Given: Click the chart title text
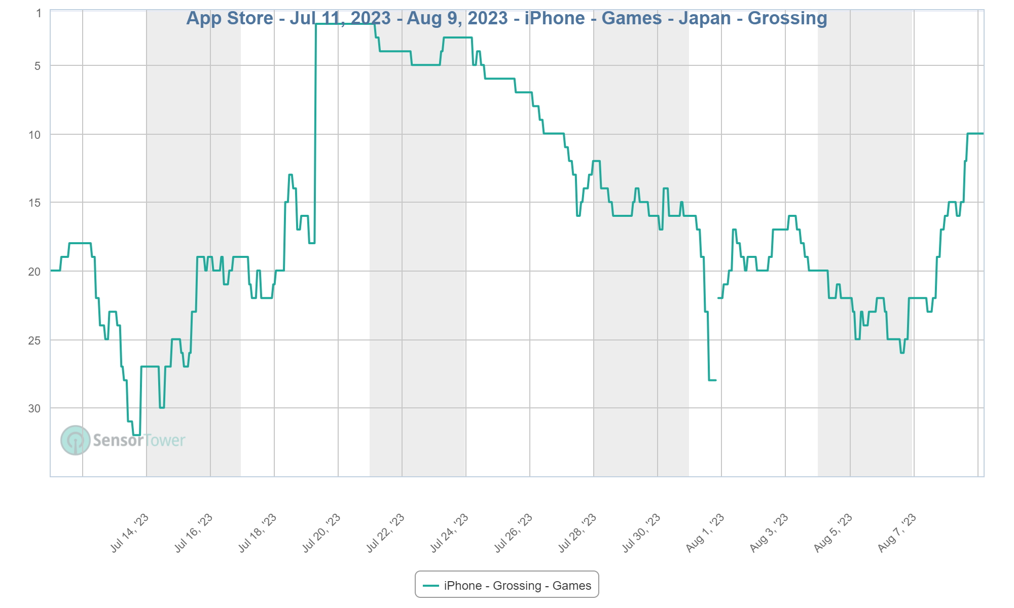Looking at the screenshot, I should tap(506, 18).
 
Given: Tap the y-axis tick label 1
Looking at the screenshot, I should tap(39, 14).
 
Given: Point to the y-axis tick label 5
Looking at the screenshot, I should tap(38, 66).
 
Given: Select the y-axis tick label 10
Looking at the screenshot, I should tap(34, 135).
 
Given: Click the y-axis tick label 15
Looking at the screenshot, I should tap(34, 203).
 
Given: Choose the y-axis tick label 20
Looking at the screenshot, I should tap(34, 272).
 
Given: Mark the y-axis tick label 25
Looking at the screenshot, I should tap(34, 340).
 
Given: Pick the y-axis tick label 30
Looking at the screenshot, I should tap(34, 408).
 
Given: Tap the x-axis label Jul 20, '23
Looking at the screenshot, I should tap(321, 533).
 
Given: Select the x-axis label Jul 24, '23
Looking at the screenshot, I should tap(449, 533).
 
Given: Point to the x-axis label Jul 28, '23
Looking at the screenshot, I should tap(577, 533).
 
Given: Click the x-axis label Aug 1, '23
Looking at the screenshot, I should tap(705, 533).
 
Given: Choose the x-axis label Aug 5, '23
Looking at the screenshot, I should tap(833, 533).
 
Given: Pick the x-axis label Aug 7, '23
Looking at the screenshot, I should tap(897, 533).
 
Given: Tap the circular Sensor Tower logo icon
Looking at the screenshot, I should tap(76, 440).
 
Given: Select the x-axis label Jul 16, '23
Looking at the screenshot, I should tap(194, 533).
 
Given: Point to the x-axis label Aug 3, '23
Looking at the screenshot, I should tap(769, 533).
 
